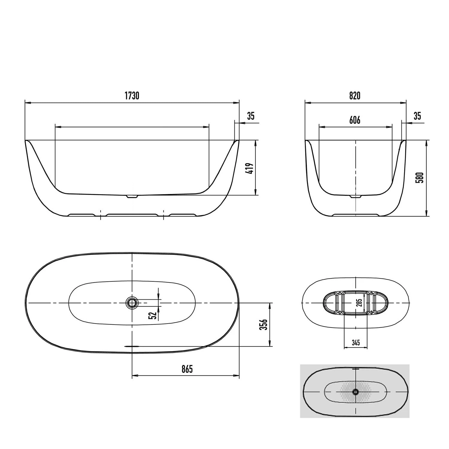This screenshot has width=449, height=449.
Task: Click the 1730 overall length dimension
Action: (132, 96)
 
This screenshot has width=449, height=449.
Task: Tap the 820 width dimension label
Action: (355, 96)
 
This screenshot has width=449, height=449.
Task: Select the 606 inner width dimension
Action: (355, 120)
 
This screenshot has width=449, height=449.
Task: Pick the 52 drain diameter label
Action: (153, 315)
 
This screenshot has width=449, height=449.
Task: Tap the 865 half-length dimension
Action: (187, 369)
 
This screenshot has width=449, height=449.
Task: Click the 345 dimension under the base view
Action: (356, 342)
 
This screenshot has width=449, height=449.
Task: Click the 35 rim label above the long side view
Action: (251, 116)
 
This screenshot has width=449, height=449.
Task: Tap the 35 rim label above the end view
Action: (417, 116)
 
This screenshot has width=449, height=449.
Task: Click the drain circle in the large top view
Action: (132, 303)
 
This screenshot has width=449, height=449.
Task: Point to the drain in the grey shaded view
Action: (355, 392)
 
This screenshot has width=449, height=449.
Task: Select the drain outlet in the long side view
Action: (132, 197)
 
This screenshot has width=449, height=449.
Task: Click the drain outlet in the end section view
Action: (355, 197)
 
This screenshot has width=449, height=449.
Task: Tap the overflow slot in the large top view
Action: (132, 346)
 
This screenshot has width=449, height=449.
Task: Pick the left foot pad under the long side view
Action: (82, 215)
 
